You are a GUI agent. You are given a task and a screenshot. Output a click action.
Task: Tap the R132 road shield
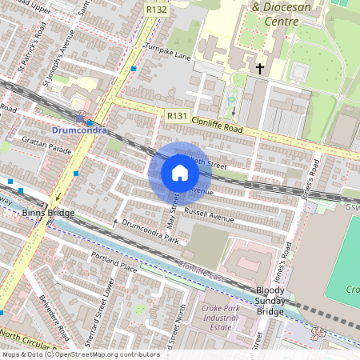[156, 8]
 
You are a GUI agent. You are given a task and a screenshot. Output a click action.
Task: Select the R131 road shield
[177, 117]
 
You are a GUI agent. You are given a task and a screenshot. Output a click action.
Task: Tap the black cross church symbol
[259, 70]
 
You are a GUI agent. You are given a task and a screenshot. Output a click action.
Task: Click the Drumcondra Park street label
[150, 233]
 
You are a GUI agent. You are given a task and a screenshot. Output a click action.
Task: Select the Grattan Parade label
[49, 147]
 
